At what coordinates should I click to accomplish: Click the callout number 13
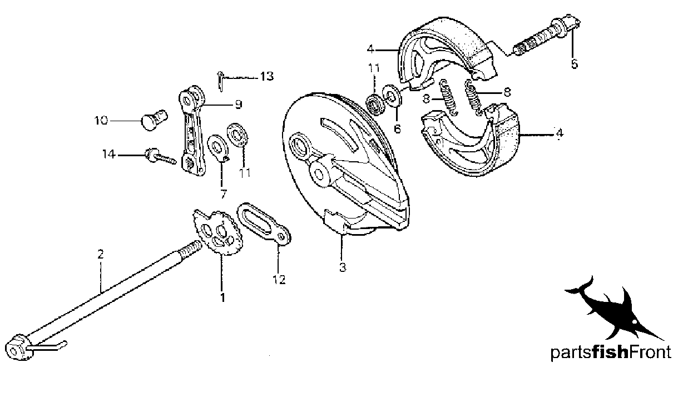pyautogui.click(x=267, y=77)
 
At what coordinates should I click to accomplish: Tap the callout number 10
pyautogui.click(x=101, y=121)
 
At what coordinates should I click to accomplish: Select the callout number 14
pyautogui.click(x=109, y=155)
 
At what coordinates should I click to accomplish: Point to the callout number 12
pyautogui.click(x=279, y=280)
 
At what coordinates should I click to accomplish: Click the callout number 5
pyautogui.click(x=574, y=64)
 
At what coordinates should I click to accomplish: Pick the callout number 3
pyautogui.click(x=343, y=267)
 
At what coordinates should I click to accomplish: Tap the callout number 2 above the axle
pyautogui.click(x=100, y=254)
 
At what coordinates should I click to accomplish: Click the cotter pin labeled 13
pyautogui.click(x=221, y=82)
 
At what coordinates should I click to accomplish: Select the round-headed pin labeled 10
pyautogui.click(x=154, y=120)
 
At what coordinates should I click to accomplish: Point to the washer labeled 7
pyautogui.click(x=218, y=148)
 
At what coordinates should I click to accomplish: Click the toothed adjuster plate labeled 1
pyautogui.click(x=217, y=233)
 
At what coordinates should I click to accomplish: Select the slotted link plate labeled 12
pyautogui.click(x=264, y=224)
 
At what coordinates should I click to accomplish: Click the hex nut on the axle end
pyautogui.click(x=17, y=347)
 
